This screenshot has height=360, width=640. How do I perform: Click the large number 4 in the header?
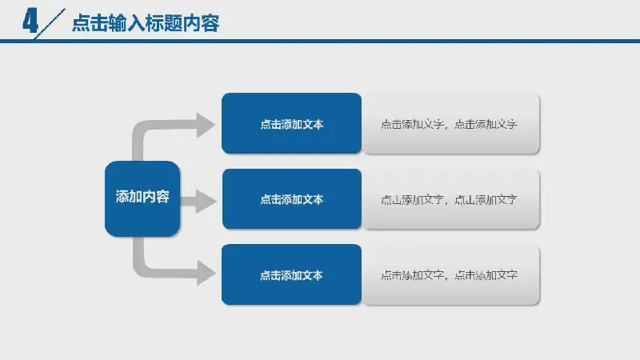coord(30,22)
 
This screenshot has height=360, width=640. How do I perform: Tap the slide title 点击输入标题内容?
coord(146,23)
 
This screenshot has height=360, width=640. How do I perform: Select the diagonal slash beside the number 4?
coord(50,24)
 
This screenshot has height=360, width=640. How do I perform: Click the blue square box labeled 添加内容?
coord(142,198)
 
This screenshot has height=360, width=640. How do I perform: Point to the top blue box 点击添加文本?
coord(291,123)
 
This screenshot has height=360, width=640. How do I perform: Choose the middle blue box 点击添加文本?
coord(292,198)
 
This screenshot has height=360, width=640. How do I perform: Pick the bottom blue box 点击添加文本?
coord(291,274)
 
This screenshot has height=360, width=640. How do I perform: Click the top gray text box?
coord(451,124)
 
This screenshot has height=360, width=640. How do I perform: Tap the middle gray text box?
coord(451,199)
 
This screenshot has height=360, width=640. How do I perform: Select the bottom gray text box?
coord(451,274)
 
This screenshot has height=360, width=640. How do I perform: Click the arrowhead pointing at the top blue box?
coord(206,126)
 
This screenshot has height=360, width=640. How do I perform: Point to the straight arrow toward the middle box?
coord(198,201)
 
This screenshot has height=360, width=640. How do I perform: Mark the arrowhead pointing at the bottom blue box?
coord(206,272)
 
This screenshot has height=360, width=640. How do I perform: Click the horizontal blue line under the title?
coord(320,41)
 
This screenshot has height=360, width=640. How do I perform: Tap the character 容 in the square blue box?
coord(163,197)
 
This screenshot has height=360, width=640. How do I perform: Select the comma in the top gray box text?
coord(447,126)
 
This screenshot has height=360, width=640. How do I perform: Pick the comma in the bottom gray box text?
coord(447,278)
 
